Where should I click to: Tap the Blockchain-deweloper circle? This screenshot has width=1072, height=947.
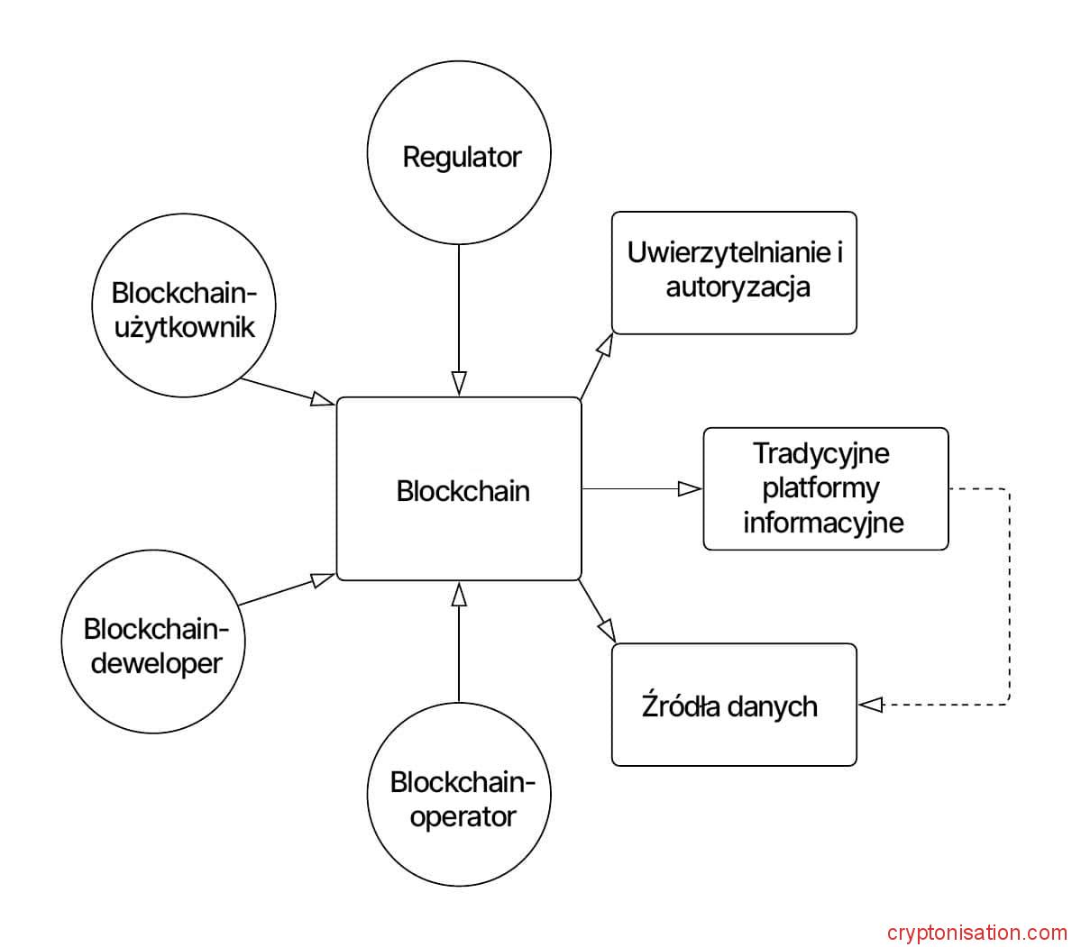coord(152,644)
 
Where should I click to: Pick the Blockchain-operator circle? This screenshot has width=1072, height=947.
coord(459,795)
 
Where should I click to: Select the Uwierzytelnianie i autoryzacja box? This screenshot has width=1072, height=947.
coord(734,273)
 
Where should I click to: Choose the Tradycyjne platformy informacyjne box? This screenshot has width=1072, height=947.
coord(825,488)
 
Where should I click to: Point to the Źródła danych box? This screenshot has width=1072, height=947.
coord(734,705)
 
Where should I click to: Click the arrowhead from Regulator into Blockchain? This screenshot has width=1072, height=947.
coord(459,383)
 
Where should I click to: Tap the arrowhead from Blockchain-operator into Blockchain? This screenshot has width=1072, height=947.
coord(459,594)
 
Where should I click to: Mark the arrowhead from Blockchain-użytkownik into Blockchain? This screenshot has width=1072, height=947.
coord(322,399)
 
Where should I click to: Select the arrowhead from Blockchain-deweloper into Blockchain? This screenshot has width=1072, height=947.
coord(322,579)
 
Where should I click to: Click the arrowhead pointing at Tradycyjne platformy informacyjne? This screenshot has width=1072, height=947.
coord(690,488)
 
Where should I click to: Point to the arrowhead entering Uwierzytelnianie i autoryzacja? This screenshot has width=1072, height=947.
coord(605,345)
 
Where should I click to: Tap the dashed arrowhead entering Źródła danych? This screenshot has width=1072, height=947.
coord(871,705)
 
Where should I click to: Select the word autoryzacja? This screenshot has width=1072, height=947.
coord(738,287)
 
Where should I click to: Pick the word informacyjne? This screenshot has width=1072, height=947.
coord(823,523)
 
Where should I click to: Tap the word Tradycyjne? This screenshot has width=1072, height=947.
coord(820,453)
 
